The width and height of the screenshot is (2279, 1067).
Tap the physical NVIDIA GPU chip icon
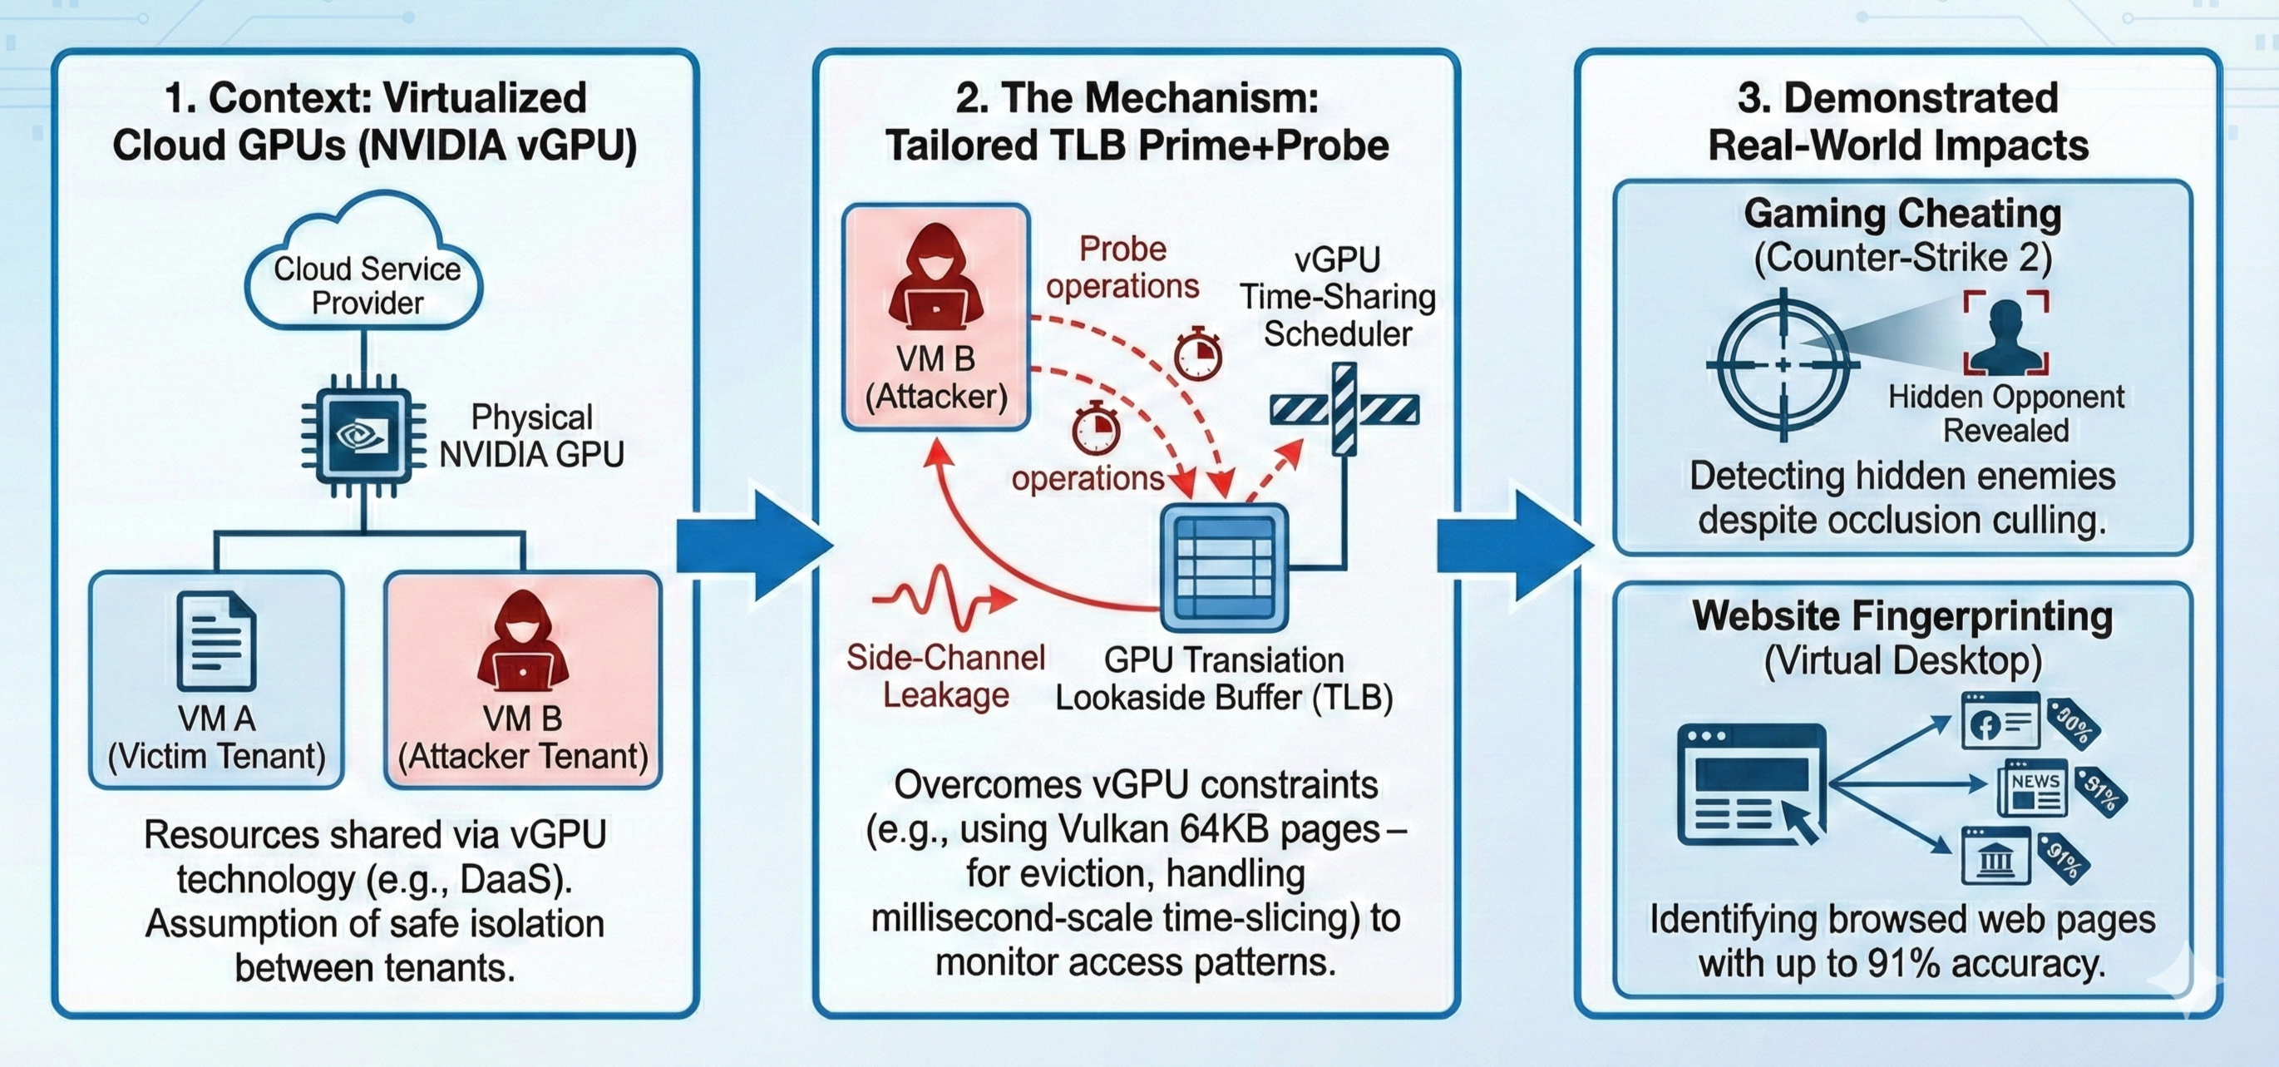[x=363, y=437]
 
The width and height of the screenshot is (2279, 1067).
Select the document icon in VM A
[x=216, y=640]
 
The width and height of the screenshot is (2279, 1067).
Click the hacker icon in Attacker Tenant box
[x=522, y=640]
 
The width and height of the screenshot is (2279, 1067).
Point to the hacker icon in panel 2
[x=935, y=278]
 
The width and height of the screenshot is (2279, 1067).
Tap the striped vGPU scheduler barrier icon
[x=1344, y=410]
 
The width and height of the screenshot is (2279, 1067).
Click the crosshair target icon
[x=1783, y=364]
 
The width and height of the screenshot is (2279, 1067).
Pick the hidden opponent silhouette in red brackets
[x=2006, y=334]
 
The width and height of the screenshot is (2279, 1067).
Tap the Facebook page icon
[x=2001, y=722]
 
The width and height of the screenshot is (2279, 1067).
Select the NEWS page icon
[x=2033, y=788]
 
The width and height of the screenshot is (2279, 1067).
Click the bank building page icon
[x=1996, y=856]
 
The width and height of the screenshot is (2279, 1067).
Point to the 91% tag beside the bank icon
[x=2064, y=858]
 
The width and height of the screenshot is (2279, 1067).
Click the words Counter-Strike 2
[x=1902, y=259]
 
